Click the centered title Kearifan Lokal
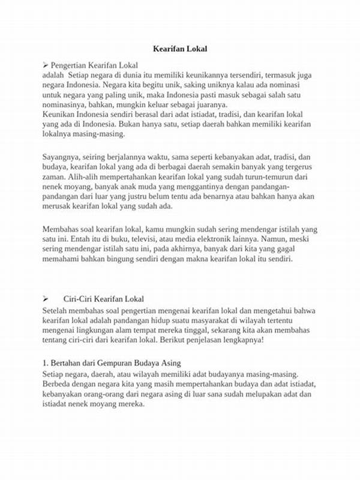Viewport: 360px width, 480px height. [x=179, y=49]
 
